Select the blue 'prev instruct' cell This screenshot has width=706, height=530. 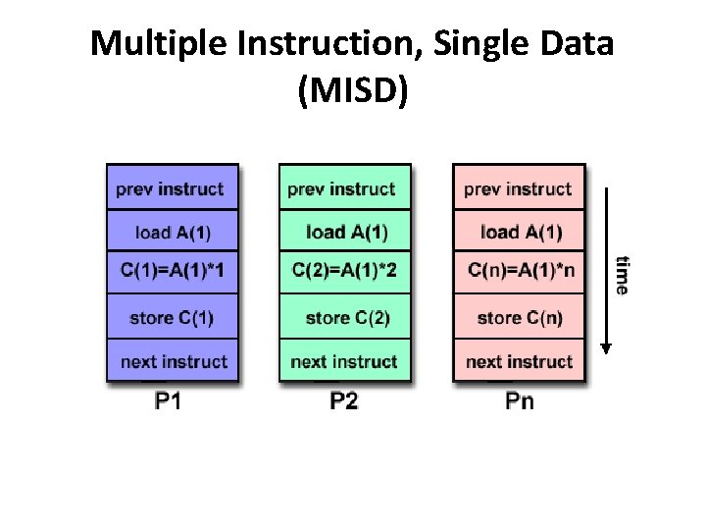172,188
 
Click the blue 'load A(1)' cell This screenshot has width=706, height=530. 172,233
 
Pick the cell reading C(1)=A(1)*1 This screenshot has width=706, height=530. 172,272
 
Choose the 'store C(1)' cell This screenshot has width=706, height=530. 172,317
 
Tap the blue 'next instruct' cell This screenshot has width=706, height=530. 172,361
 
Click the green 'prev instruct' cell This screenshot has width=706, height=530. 344,188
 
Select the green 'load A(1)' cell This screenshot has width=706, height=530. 344,233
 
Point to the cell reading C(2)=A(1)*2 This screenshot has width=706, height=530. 344,272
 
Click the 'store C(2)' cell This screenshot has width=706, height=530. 344,317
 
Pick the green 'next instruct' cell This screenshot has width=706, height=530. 344,361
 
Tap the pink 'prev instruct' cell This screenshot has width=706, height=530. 518,188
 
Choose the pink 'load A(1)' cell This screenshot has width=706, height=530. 518,233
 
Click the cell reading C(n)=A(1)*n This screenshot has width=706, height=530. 518,272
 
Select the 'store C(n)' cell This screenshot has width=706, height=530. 518,317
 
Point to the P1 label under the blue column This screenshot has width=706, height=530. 168,400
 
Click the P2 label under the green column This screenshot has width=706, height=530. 344,400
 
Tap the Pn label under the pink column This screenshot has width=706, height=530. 519,400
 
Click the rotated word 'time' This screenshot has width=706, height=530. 621,275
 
